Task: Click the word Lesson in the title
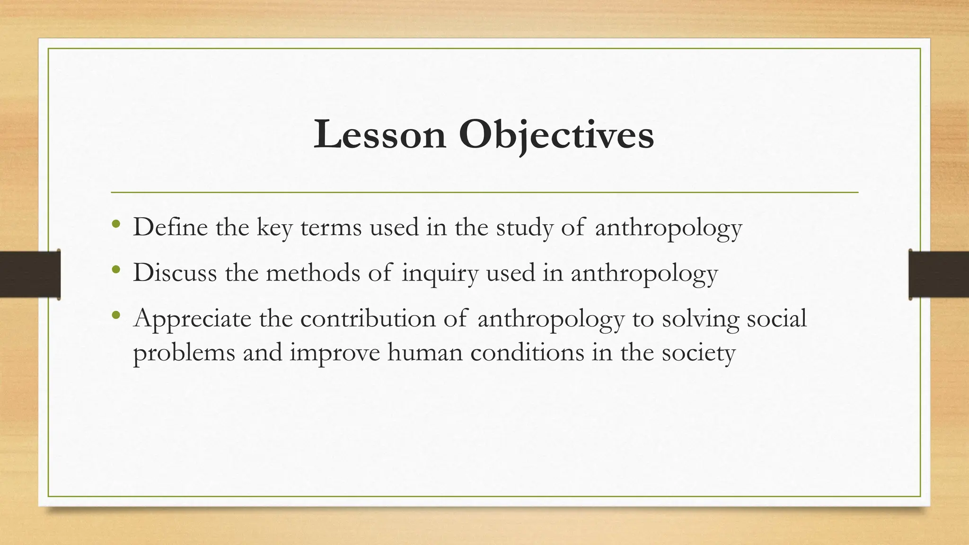tap(379, 135)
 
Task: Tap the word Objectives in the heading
tap(556, 135)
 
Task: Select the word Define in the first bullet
tap(170, 227)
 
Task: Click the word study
tap(525, 228)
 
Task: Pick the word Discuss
tap(175, 272)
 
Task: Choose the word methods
tap(313, 272)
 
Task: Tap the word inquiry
tap(440, 273)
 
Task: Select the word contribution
tap(368, 318)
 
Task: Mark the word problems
tap(184, 353)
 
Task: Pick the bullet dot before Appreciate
tap(116, 315)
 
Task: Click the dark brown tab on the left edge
tap(30, 274)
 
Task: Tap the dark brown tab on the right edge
tap(939, 274)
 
